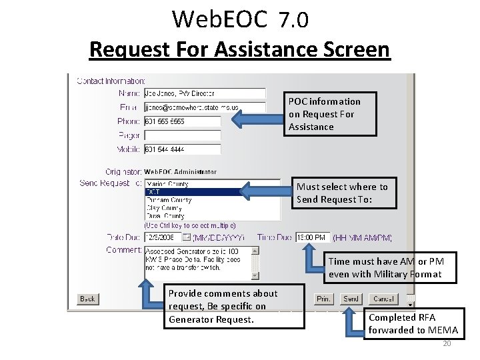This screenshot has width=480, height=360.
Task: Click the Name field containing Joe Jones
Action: (x=205, y=94)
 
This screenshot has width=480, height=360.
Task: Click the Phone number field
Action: (x=182, y=121)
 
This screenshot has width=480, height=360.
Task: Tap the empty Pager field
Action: (x=182, y=135)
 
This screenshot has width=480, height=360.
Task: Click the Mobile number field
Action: (x=182, y=149)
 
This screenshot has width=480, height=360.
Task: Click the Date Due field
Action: (x=163, y=237)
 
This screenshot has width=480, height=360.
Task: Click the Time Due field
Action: (x=312, y=237)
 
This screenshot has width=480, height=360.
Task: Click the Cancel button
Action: (x=384, y=299)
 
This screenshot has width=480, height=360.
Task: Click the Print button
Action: (x=323, y=299)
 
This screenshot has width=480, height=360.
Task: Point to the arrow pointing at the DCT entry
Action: (x=266, y=192)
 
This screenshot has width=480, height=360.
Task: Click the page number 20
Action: (x=447, y=344)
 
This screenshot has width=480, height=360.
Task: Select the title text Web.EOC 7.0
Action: (x=240, y=20)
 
